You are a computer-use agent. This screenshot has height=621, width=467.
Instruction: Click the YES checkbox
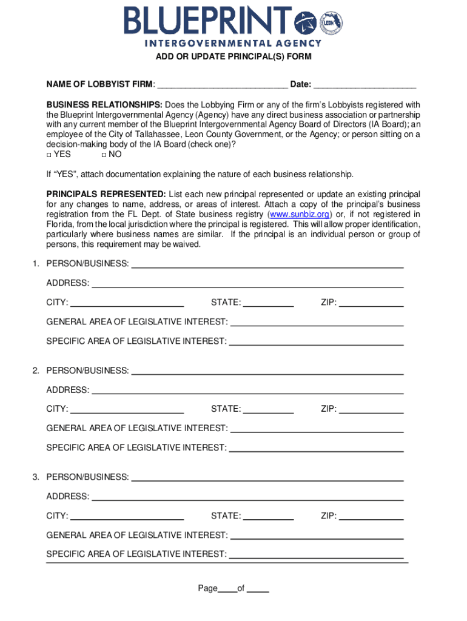tap(50, 155)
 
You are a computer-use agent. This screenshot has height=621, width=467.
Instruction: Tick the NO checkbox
tap(104, 155)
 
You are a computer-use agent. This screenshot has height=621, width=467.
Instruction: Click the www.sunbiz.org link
tap(300, 215)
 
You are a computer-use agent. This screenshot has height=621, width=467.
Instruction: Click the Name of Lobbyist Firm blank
tap(222, 84)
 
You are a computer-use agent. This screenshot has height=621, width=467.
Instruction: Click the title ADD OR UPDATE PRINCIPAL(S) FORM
tap(233, 57)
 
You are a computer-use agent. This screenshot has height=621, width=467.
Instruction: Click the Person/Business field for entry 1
tap(267, 264)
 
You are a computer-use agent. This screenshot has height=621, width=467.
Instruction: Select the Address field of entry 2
tap(247, 390)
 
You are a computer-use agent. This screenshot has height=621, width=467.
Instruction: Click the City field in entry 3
tap(127, 517)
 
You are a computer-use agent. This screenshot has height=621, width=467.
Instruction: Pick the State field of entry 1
tap(269, 303)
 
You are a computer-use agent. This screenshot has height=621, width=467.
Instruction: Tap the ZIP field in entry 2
tap(371, 409)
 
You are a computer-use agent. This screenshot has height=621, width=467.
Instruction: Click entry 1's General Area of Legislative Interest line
tap(317, 323)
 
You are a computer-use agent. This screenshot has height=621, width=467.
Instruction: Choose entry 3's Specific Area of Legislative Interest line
tap(317, 554)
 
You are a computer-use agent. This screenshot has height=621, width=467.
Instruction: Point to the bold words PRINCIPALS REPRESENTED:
tap(107, 194)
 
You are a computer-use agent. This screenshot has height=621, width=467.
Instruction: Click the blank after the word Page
tap(227, 589)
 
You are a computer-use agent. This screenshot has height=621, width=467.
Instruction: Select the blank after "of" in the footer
tap(258, 589)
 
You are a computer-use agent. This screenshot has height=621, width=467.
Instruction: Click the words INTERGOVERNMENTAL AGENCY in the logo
tap(233, 43)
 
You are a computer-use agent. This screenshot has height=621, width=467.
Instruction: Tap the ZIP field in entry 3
tap(371, 517)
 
